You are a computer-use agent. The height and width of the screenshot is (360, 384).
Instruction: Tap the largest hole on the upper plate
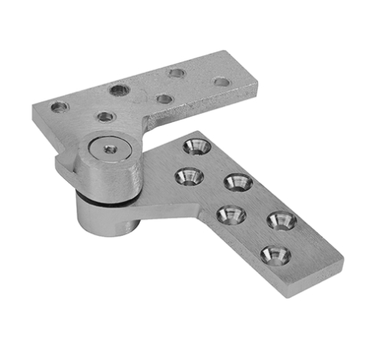coord(119,91)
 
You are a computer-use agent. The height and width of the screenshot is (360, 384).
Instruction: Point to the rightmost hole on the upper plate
coord(221,81)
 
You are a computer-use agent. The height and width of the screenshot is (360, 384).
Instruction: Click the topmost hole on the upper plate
coord(177,74)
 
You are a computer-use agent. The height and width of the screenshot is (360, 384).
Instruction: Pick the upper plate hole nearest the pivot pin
coord(106,117)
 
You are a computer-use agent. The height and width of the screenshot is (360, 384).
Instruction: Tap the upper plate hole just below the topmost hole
coord(162,99)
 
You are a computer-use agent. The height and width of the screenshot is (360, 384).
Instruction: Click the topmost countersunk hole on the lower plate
coord(196,145)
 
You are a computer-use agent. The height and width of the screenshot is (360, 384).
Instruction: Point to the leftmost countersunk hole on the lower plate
coord(187,177)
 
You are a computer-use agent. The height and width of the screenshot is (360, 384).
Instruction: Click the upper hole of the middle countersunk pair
coord(238,183)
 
